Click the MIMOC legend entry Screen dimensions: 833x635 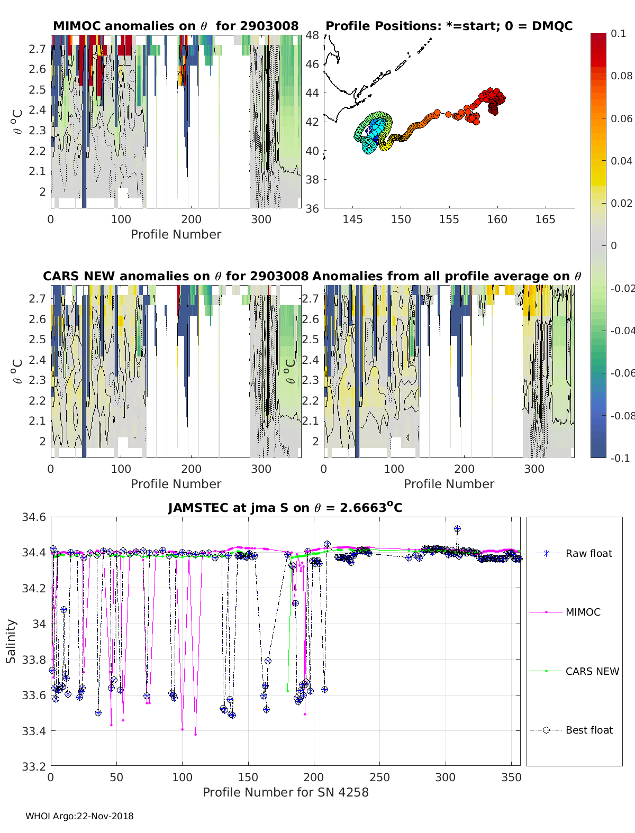[583, 612]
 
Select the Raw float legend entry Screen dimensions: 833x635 [588, 553]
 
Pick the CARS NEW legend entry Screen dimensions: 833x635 [592, 671]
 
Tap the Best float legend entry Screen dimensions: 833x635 [588, 730]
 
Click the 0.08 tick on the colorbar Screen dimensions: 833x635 [621, 76]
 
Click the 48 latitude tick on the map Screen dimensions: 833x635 [313, 35]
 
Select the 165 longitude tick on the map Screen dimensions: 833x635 [545, 219]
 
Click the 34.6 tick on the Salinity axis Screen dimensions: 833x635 [34, 517]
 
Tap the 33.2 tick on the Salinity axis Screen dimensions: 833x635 [34, 766]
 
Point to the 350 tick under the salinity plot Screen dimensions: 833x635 [511, 777]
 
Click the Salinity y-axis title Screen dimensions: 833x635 [11, 641]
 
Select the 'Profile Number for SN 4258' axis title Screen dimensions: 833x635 [285, 792]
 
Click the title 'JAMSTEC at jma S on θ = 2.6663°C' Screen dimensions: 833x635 [285, 508]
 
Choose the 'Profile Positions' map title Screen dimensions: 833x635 [449, 26]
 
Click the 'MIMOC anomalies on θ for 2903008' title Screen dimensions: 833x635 [176, 26]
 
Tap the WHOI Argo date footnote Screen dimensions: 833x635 [79, 816]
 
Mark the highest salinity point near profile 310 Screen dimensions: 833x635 [457, 529]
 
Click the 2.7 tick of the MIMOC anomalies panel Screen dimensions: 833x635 [38, 49]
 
